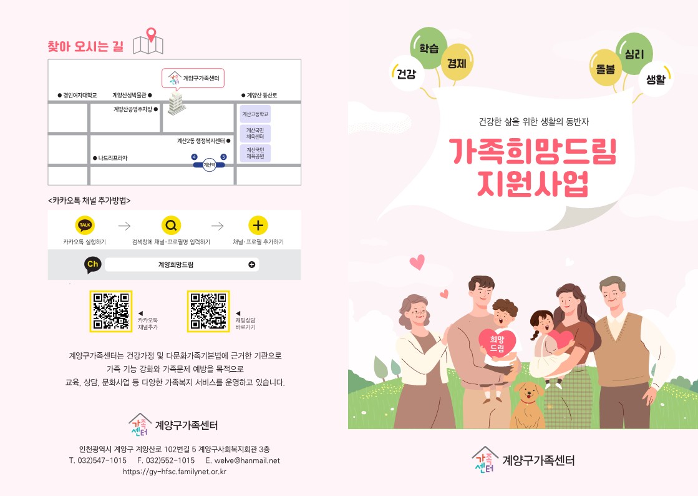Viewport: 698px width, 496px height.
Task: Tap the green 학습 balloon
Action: tap(429, 47)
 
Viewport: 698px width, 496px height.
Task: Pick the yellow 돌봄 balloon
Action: tap(605, 68)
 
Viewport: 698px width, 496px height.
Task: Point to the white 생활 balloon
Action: tap(656, 79)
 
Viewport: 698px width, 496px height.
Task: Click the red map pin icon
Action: tap(150, 36)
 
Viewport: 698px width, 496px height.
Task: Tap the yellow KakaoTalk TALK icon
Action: tap(85, 226)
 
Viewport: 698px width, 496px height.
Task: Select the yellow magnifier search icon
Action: tap(171, 226)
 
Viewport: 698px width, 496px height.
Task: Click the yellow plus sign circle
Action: tap(258, 226)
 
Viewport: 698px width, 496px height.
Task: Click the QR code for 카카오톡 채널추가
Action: tap(110, 311)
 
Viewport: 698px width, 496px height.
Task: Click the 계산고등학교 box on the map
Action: tap(255, 115)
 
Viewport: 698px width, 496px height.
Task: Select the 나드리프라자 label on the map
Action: tap(112, 158)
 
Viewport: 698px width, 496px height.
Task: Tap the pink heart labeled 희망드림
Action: tap(497, 342)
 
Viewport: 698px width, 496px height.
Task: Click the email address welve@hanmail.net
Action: tap(242, 460)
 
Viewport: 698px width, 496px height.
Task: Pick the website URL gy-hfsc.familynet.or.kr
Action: tap(175, 472)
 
